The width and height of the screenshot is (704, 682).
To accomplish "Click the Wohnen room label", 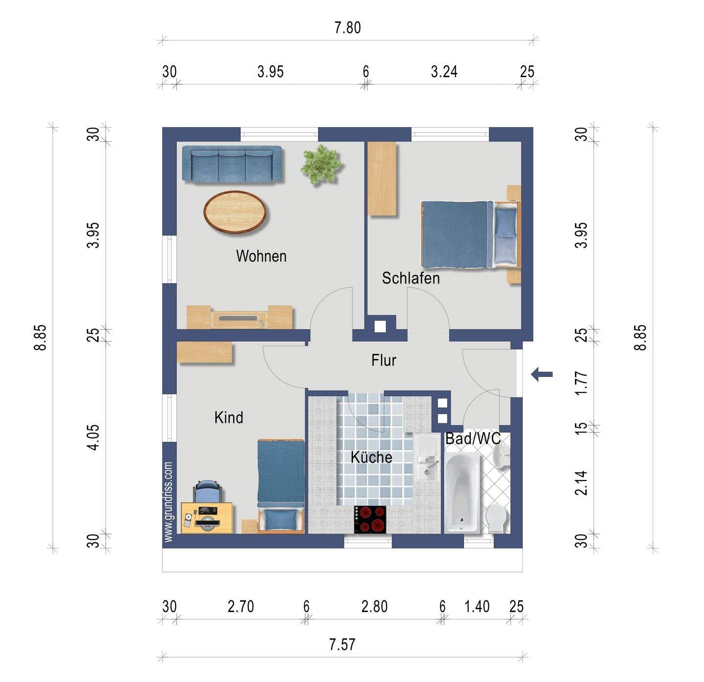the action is [x=261, y=256].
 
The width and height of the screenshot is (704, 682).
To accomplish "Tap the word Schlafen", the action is [x=411, y=278].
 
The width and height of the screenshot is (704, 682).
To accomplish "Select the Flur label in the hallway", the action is [x=384, y=360].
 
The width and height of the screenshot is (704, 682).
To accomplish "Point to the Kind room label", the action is [x=229, y=418].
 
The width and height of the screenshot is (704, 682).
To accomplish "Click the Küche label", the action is [x=371, y=457].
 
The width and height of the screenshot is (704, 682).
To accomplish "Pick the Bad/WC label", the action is [x=473, y=439].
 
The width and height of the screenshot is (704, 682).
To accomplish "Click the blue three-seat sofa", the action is [x=232, y=164].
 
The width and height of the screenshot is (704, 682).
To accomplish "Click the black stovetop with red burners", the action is [x=370, y=520].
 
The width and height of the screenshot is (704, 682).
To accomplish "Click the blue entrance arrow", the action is [x=542, y=374].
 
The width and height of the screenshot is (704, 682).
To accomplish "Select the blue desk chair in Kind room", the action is [x=207, y=491].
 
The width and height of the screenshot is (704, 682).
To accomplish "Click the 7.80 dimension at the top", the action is [x=348, y=28].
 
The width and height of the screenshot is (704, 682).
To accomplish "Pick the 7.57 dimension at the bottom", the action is [x=342, y=644].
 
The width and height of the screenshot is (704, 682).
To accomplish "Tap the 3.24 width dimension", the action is [x=444, y=72].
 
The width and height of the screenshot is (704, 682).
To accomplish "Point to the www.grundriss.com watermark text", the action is [x=168, y=502].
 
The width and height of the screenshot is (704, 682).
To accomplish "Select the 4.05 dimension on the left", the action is [x=93, y=437].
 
